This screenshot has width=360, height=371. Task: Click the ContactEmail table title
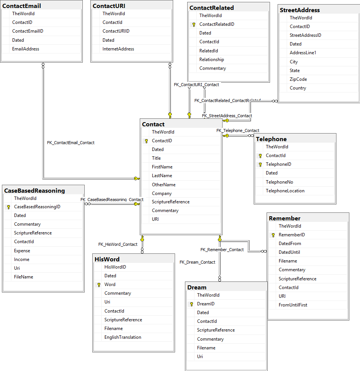22,6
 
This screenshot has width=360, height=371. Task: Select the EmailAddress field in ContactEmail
25,49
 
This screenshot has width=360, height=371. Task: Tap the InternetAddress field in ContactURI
118,49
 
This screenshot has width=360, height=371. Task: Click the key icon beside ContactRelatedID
194,24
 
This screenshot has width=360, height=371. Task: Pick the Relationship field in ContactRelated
212,60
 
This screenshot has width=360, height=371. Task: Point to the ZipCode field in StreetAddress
298,79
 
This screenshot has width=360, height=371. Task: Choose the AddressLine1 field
303,53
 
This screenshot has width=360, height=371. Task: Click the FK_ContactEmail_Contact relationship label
71,143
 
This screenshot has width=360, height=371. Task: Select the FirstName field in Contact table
162,167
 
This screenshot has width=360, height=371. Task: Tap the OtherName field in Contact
164,185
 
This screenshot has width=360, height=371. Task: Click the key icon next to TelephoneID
260,165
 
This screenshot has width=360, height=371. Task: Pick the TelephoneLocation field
285,191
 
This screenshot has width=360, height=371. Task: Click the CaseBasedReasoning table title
35,190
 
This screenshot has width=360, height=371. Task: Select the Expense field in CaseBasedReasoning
22,251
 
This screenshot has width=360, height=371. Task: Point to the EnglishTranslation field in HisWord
123,337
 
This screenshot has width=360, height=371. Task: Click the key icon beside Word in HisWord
99,285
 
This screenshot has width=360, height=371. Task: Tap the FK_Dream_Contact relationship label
197,262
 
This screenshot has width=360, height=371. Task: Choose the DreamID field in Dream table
205,304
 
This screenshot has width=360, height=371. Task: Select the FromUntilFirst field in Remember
293,305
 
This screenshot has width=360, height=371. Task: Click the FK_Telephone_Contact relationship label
238,130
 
